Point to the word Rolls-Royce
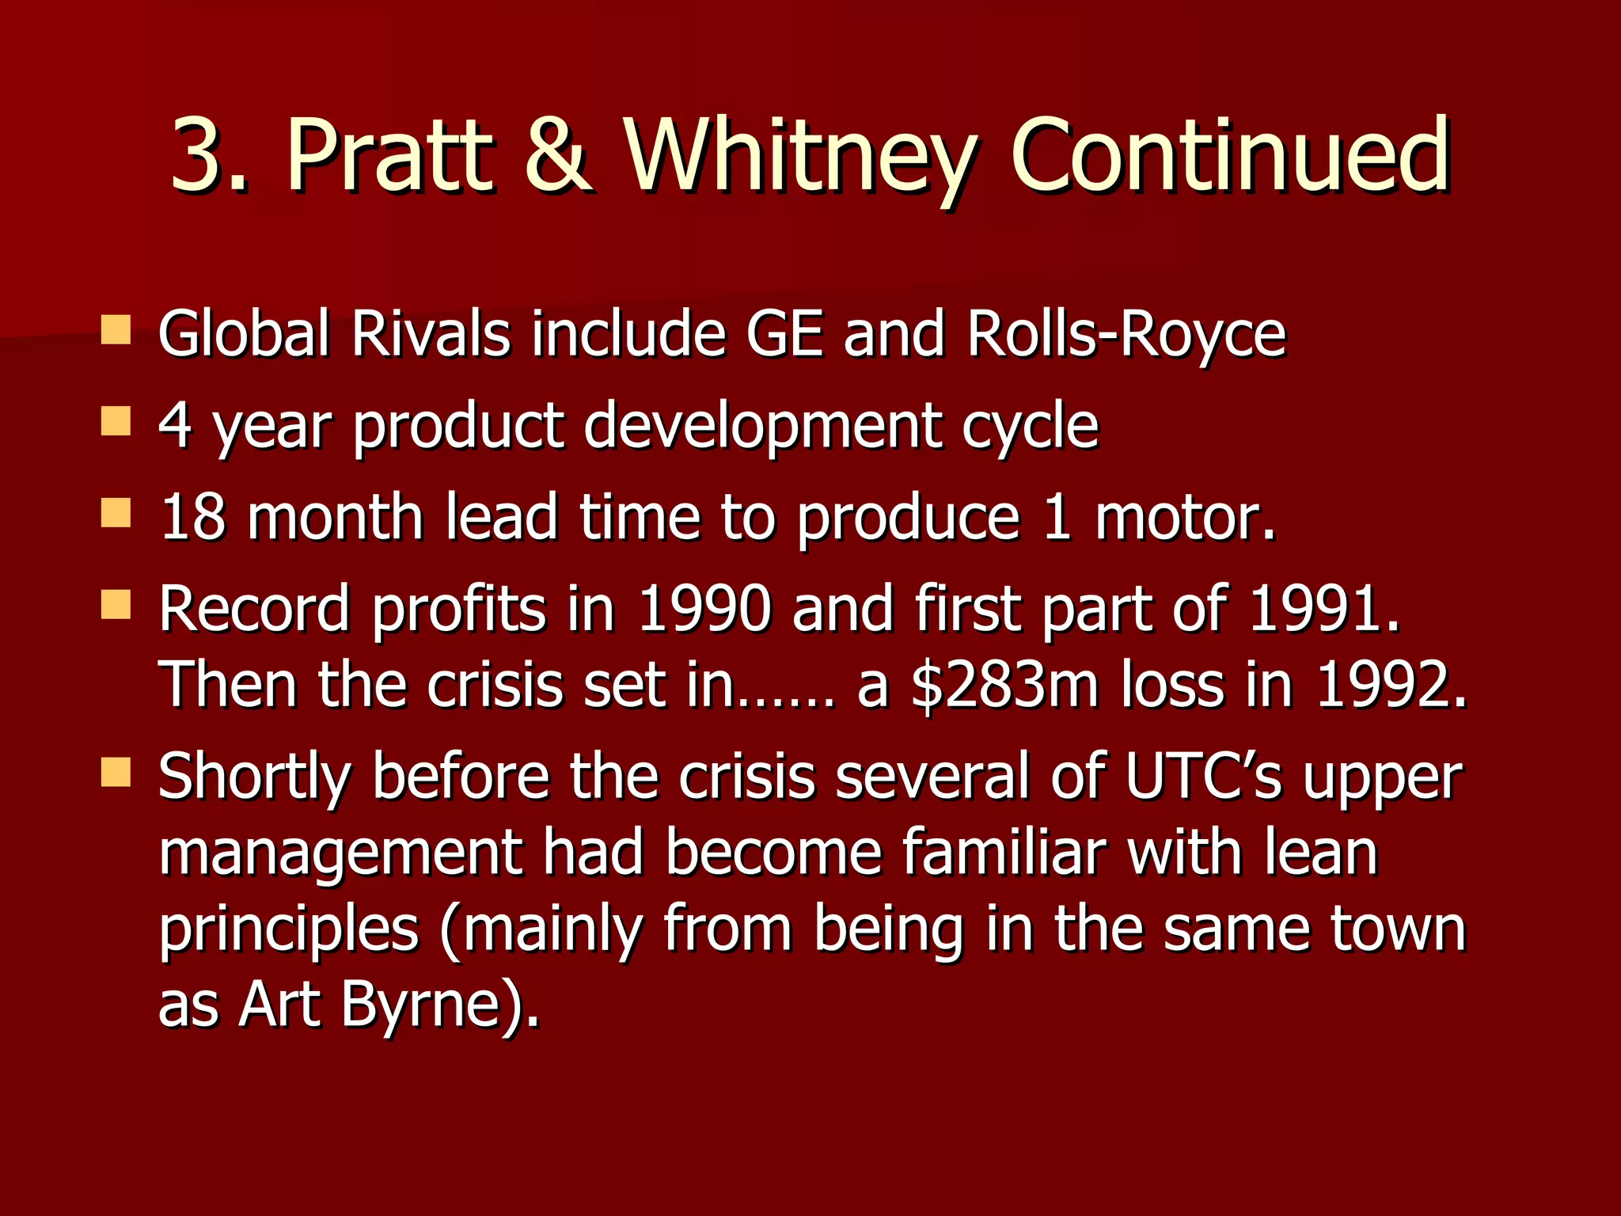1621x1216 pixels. [1126, 335]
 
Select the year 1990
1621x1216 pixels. [704, 610]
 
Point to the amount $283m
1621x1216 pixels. [1004, 686]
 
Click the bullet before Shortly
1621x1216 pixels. [116, 773]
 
